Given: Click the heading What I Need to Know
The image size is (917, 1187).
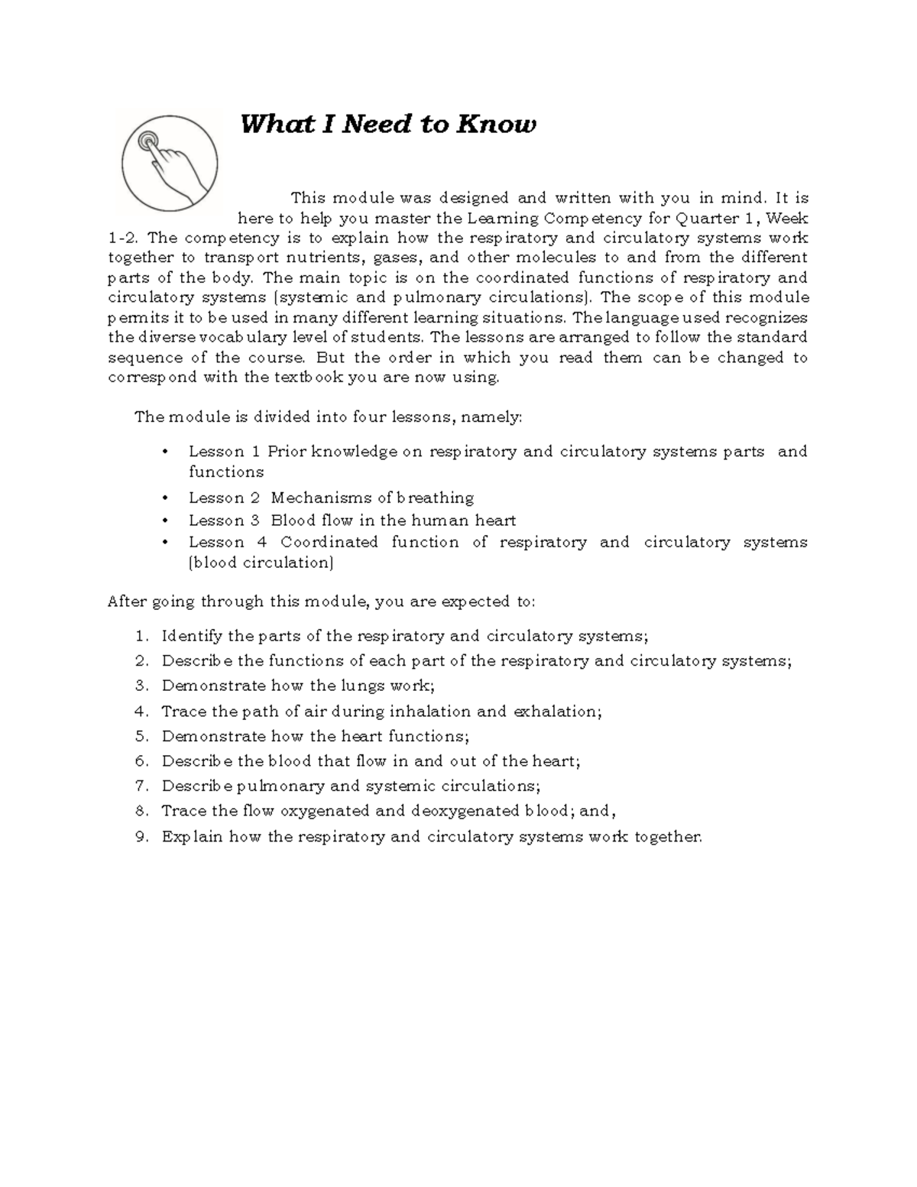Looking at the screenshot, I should point(388,124).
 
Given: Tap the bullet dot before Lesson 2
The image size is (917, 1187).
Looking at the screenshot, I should point(165,498).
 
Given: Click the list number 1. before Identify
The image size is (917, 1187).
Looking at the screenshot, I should point(140,636).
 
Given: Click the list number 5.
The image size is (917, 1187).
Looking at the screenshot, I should point(140,736).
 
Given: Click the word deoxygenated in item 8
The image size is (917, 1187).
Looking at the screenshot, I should point(465,811).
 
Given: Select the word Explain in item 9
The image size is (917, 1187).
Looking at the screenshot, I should point(192,837).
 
